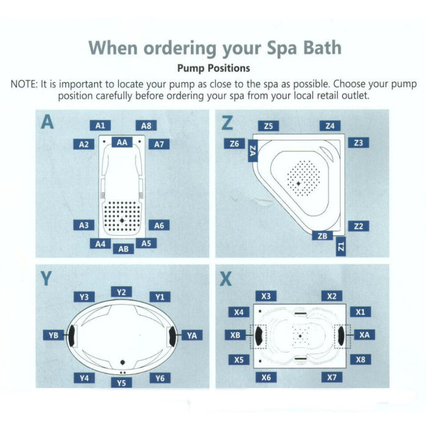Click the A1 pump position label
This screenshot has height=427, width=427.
pos(101,125)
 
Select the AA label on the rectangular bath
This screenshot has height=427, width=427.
pos(122,142)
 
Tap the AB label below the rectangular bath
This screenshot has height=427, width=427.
pos(123,249)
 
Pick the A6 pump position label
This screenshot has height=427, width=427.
pos(159,225)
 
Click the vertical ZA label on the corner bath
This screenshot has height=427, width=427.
pos(253,151)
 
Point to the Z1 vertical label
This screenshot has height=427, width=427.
pos(341,247)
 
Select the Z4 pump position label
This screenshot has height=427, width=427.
pos(329,126)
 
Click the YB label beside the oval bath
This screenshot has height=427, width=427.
pos(53,335)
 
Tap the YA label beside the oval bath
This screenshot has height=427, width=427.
pos(192,335)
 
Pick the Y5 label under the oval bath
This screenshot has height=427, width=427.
pos(122,382)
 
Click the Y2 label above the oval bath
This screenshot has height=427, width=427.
pos(121,292)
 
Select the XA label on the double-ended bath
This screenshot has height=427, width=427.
pos(364,335)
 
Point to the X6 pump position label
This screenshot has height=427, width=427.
pos(266,378)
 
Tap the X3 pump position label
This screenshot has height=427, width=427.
pos(266,296)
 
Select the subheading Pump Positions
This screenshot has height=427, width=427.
pos(213,69)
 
